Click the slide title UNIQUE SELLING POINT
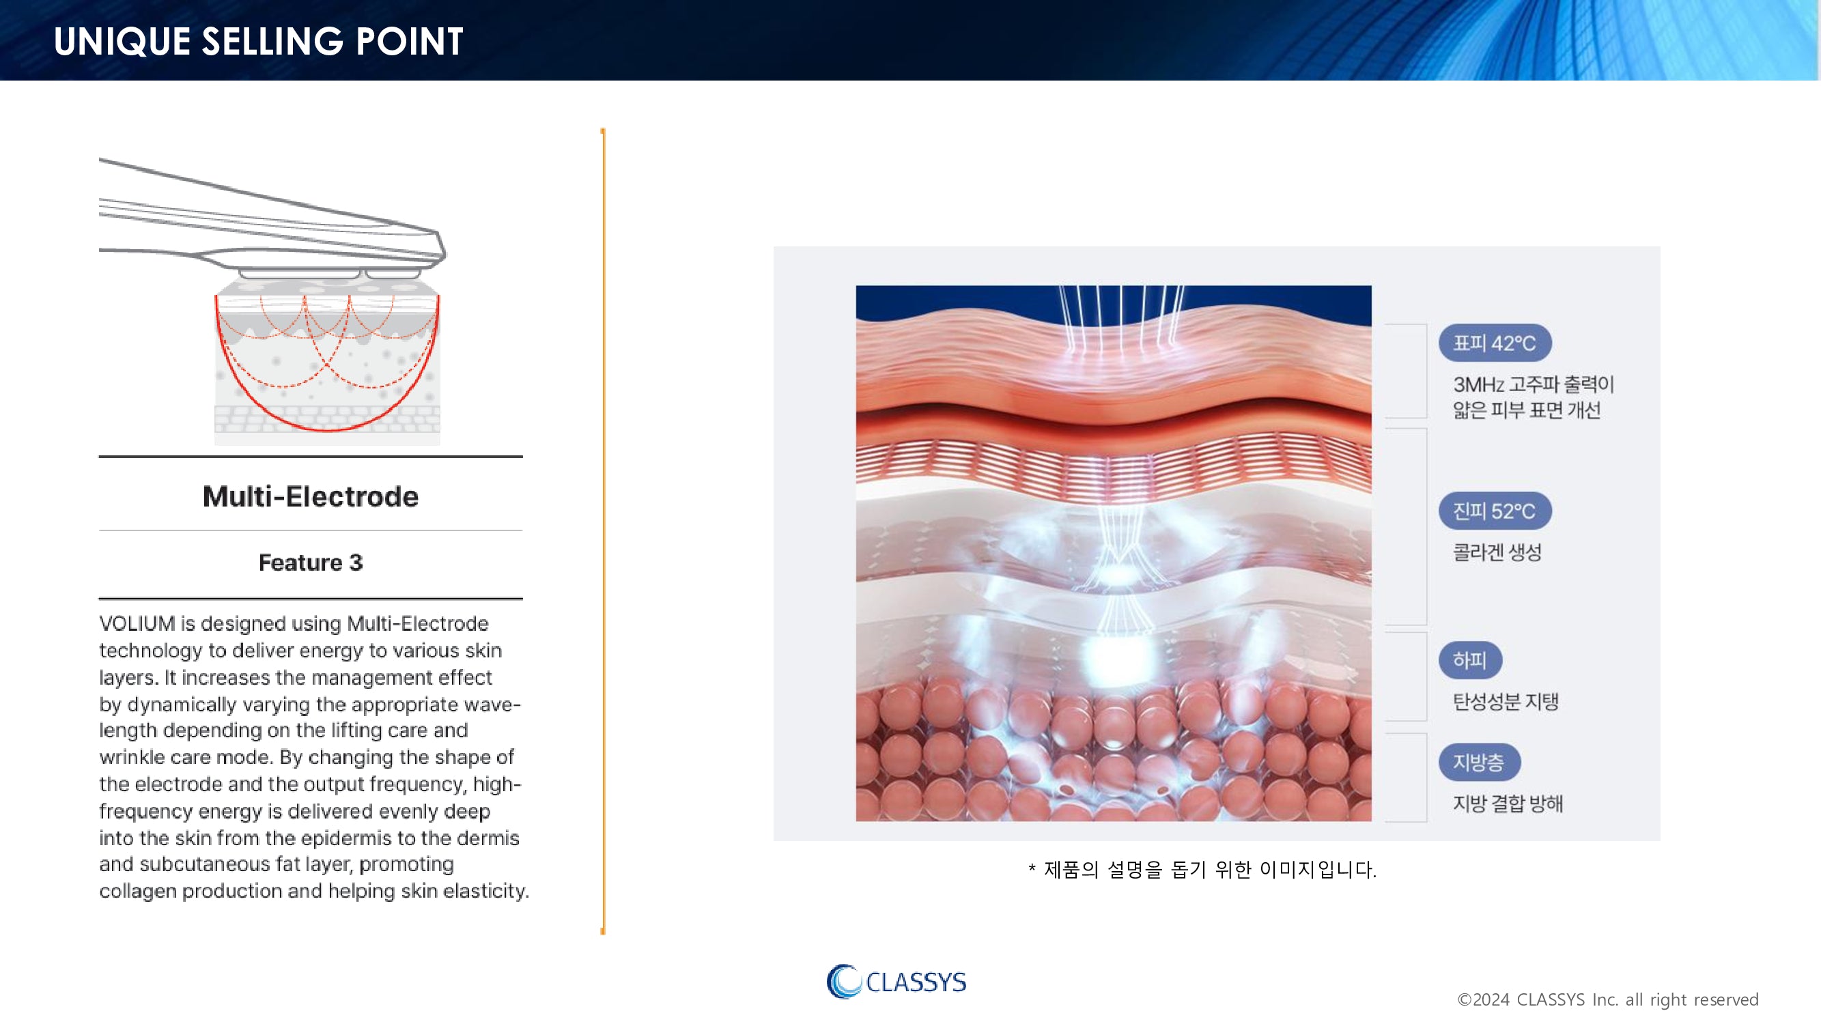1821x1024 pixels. point(258,41)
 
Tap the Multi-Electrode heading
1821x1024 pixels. point(311,496)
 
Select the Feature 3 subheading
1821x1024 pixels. point(311,563)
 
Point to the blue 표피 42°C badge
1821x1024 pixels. point(1495,343)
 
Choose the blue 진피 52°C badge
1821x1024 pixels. point(1495,511)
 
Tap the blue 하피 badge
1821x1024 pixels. point(1469,660)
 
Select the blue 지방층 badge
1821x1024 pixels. point(1479,763)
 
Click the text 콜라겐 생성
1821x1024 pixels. point(1497,552)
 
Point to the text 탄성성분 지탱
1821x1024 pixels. point(1506,702)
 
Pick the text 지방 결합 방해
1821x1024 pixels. point(1508,803)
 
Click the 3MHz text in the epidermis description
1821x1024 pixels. point(1478,384)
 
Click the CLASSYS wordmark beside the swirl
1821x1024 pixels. point(916,982)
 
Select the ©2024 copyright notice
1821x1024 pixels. point(1607,999)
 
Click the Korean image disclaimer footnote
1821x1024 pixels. point(1202,869)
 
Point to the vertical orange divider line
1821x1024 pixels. point(603,531)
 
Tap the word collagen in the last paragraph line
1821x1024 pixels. point(137,891)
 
